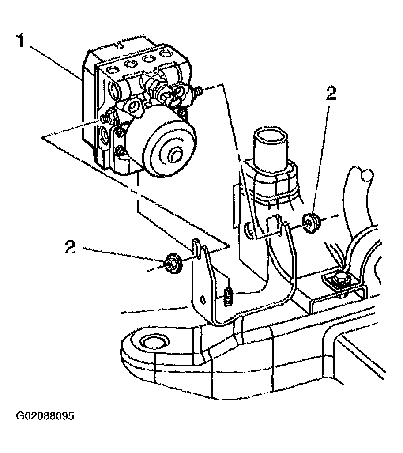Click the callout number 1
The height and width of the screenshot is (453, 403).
coord(20,41)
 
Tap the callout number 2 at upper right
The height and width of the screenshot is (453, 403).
coord(331,94)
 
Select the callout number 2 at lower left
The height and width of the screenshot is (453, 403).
coord(70,247)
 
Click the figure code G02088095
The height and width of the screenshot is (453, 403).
coord(45,416)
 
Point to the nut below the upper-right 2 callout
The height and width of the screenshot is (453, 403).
coord(311,223)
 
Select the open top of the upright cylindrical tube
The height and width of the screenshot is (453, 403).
coord(270,136)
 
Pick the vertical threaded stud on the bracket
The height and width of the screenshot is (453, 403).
coord(228,295)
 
